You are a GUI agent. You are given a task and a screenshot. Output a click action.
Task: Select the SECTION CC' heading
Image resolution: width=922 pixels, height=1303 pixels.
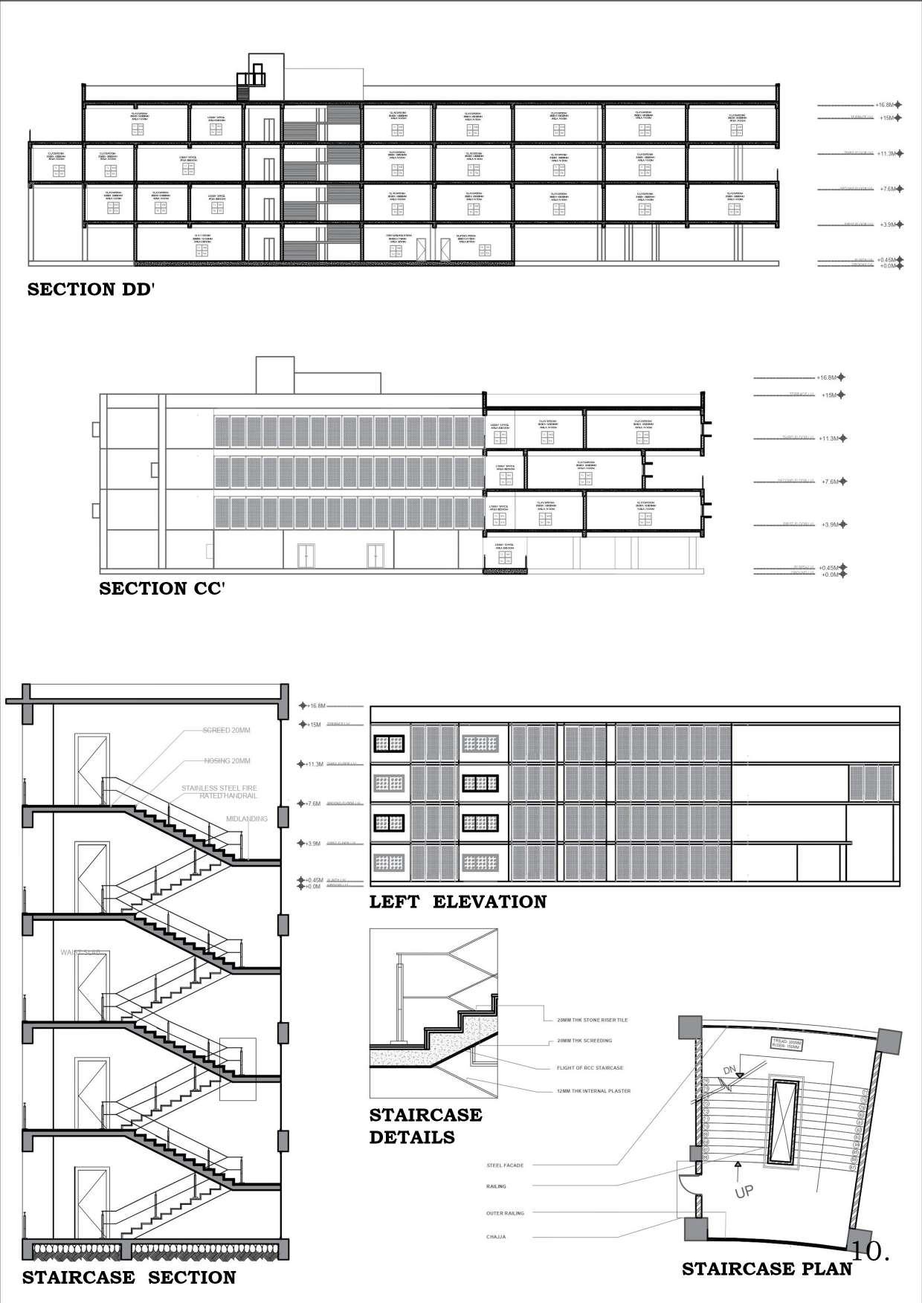click(x=162, y=589)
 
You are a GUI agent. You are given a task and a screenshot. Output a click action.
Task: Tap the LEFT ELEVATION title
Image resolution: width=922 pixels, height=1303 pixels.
click(x=458, y=902)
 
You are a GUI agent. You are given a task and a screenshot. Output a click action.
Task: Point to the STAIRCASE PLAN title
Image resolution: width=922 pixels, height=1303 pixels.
click(x=767, y=1268)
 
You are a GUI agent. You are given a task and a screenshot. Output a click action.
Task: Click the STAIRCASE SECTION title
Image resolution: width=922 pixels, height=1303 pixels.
click(x=129, y=1278)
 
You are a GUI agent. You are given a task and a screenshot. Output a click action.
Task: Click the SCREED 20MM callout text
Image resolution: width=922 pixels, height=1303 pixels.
click(x=227, y=730)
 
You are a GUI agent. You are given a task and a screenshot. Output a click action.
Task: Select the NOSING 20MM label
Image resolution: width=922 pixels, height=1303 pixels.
click(x=227, y=761)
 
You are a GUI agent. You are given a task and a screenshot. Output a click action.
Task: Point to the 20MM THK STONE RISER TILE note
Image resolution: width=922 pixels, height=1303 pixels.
click(x=592, y=1020)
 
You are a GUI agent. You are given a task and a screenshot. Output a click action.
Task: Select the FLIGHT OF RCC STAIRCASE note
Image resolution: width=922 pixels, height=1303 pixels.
click(x=590, y=1067)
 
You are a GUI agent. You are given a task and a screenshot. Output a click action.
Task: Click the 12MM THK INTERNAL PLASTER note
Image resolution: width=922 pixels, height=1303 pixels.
click(x=593, y=1091)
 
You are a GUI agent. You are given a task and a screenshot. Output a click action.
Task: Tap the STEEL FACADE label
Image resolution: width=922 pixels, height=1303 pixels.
click(x=505, y=1165)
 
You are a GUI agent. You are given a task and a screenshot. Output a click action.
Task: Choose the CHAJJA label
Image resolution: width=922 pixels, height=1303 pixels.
click(x=497, y=1237)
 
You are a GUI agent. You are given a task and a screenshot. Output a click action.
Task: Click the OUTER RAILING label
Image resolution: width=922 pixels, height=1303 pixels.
click(x=505, y=1213)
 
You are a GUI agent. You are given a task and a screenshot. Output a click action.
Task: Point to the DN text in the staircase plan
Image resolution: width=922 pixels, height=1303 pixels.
click(x=730, y=1070)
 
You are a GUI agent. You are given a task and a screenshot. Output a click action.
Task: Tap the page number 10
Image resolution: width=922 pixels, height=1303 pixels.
click(x=870, y=1250)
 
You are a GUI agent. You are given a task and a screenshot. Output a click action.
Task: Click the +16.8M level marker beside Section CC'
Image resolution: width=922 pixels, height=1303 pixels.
click(x=828, y=378)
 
